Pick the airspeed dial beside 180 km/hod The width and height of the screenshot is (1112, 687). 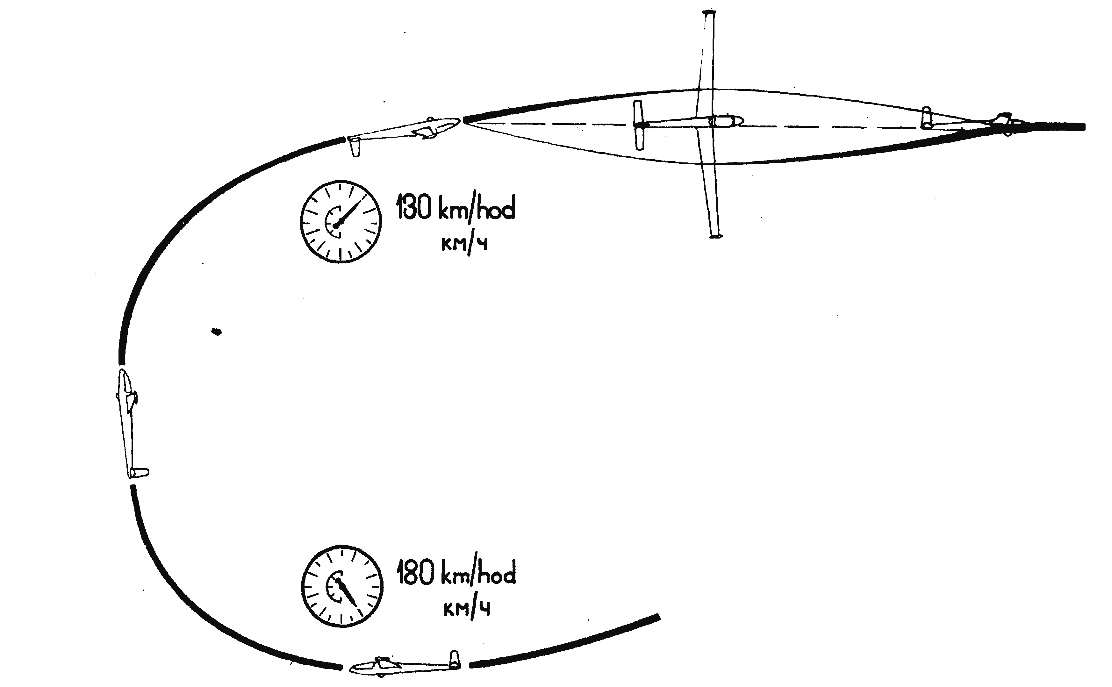(x=342, y=586)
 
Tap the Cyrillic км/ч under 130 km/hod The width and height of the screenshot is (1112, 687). (x=464, y=245)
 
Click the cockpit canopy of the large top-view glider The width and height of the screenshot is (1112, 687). (x=725, y=120)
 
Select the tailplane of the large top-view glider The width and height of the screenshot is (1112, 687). (x=639, y=125)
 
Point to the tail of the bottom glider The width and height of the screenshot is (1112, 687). (x=455, y=660)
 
